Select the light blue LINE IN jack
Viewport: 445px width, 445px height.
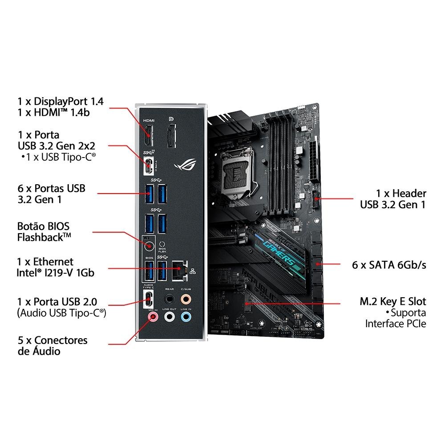[x=186, y=316]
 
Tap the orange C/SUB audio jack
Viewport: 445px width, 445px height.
[x=186, y=297]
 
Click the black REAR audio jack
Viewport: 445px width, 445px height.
[x=169, y=297]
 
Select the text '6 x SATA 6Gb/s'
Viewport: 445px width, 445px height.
[x=389, y=265]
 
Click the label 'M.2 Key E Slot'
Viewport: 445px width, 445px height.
[x=393, y=302]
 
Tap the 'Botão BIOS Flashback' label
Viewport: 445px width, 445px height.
[x=44, y=231]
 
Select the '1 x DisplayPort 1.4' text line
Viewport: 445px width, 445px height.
[x=61, y=101]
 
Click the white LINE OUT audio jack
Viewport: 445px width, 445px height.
[x=169, y=316]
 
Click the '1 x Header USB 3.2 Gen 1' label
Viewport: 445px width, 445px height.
[x=393, y=199]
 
